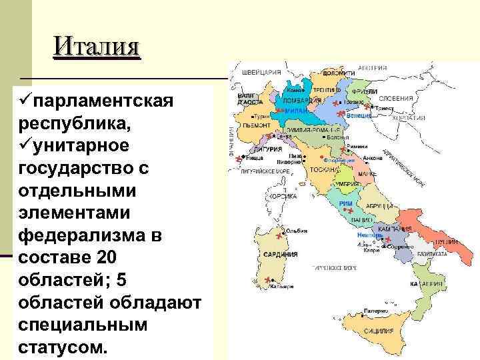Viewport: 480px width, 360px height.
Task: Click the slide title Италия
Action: click(97, 47)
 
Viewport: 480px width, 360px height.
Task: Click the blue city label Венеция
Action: click(359, 115)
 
